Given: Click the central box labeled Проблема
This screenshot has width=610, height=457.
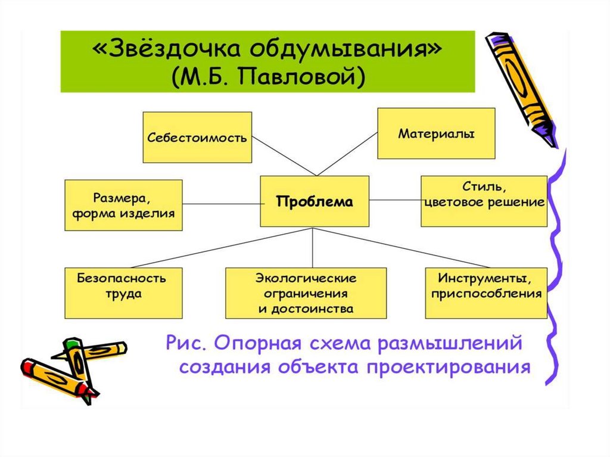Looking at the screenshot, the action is click(x=314, y=201).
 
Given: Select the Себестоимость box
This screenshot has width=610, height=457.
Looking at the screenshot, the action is click(x=197, y=137).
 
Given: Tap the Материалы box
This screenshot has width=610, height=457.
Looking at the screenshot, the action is click(x=436, y=133).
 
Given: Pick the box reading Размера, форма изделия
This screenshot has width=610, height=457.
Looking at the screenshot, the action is click(x=123, y=205).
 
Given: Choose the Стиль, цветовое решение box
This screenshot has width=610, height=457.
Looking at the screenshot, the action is click(x=484, y=201).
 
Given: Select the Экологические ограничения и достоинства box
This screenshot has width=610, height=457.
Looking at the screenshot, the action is click(x=306, y=293).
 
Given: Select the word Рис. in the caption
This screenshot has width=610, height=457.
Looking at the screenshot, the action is click(x=186, y=343).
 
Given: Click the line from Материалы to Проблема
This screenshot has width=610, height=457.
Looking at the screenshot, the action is click(x=348, y=154).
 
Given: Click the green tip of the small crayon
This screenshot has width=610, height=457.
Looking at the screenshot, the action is click(x=71, y=343).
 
